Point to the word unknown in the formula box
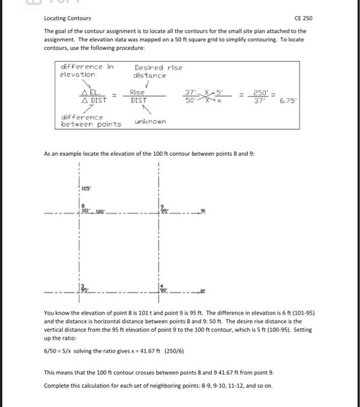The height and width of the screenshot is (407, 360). coord(149,122)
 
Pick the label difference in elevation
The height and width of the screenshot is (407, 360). coord(87,70)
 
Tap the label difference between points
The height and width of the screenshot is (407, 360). coord(91,120)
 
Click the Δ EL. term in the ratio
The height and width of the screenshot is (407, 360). coord(92,92)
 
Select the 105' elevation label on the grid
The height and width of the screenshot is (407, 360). coord(86,188)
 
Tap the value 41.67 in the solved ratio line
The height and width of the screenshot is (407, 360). coord(138,352)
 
